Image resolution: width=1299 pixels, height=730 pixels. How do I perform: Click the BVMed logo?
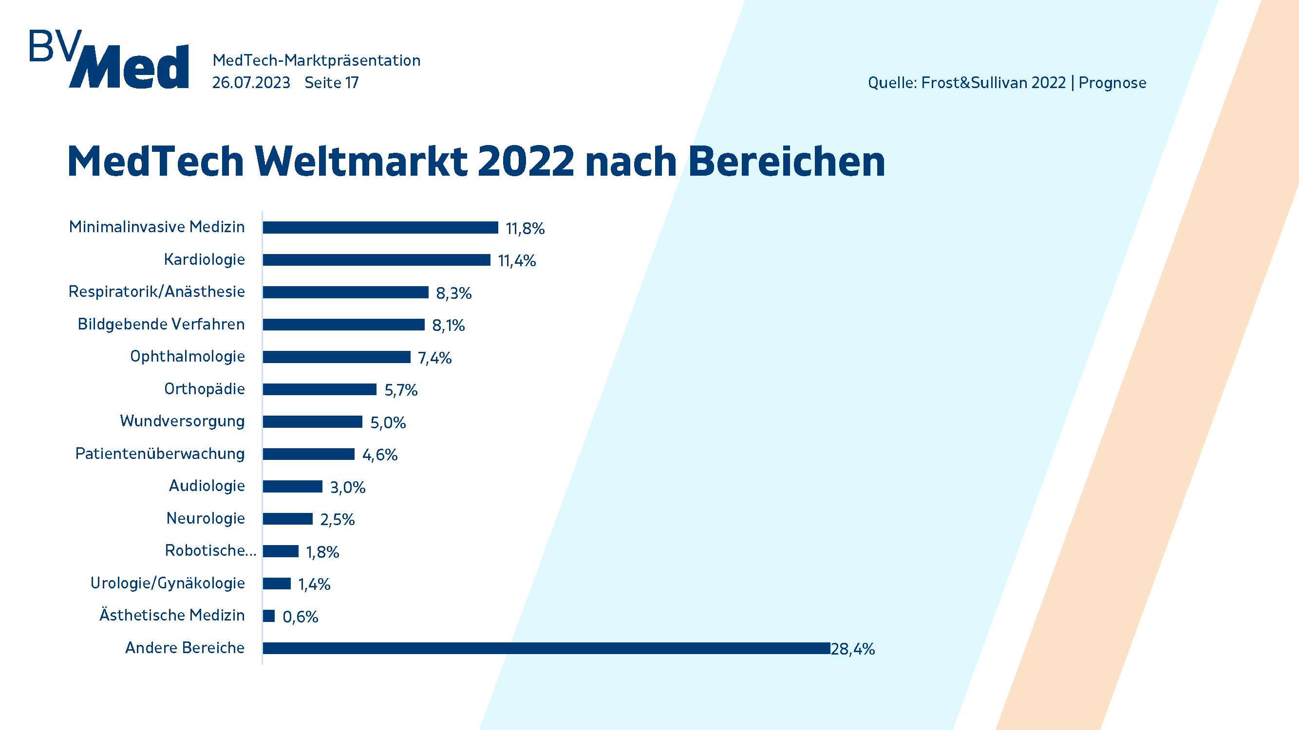tap(109, 59)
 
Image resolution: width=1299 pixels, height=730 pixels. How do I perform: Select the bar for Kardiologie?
tap(376, 260)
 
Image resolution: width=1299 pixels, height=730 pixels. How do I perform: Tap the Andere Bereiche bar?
tap(546, 648)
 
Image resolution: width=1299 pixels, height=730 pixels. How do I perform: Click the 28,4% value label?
tap(853, 649)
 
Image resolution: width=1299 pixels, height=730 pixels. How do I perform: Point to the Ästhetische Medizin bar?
tap(269, 616)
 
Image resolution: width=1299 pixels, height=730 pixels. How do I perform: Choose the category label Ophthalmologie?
tap(187, 356)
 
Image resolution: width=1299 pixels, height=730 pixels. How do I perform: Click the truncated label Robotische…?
tap(210, 550)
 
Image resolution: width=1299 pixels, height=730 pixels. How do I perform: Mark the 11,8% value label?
tap(525, 229)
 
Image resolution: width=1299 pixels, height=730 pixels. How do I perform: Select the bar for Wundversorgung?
tap(313, 421)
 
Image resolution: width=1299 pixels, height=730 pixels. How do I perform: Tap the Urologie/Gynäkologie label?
tap(168, 583)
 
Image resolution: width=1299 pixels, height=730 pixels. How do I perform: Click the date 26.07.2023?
tap(251, 83)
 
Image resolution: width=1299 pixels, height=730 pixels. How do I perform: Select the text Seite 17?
tap(331, 83)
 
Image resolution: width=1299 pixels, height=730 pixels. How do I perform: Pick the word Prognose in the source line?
tap(1112, 83)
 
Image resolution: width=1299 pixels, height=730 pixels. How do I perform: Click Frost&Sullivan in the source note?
tap(994, 83)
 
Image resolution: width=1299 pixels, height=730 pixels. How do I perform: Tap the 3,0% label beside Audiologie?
tap(347, 487)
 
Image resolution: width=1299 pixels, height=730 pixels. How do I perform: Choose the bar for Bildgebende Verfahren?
tap(343, 325)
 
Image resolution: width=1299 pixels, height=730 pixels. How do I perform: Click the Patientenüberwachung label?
tap(160, 454)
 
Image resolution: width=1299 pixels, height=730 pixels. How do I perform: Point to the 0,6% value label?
tap(300, 617)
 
